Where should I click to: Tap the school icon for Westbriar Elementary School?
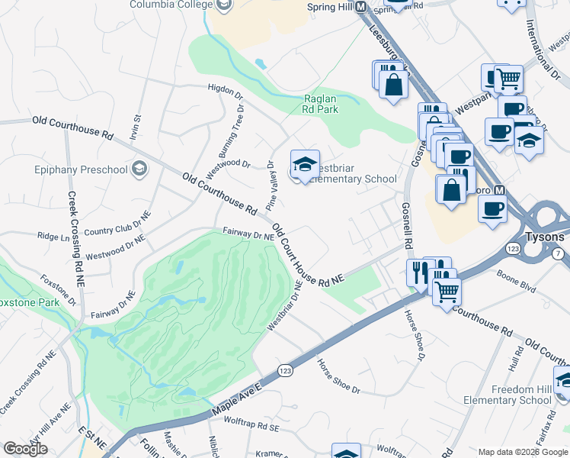pyautogui.click(x=304, y=164)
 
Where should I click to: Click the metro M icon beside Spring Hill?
pyautogui.click(x=361, y=7)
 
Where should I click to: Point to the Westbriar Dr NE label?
pyautogui.click(x=285, y=306)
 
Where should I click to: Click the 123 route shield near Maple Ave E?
pyautogui.click(x=283, y=370)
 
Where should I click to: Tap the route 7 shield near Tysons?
pyautogui.click(x=559, y=253)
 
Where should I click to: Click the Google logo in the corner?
pyautogui.click(x=25, y=449)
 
